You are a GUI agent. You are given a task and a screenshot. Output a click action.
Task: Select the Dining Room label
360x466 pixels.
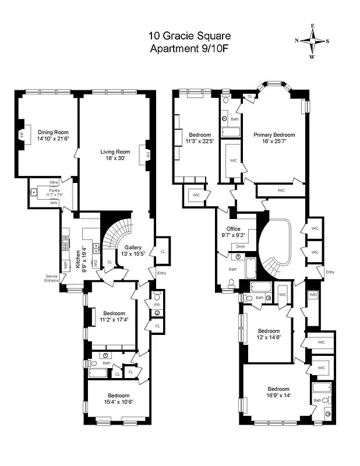(53, 136)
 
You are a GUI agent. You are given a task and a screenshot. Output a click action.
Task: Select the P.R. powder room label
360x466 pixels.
(156, 304)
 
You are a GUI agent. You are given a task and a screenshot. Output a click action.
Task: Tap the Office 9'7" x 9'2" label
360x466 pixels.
(234, 232)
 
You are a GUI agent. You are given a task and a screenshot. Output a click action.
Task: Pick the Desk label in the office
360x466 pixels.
(241, 247)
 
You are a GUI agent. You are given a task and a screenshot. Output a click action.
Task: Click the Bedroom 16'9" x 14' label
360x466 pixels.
(278, 392)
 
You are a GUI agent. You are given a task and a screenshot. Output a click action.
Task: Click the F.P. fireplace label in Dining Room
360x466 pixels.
(22, 136)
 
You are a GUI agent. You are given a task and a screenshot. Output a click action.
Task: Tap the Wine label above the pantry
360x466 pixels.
(54, 182)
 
